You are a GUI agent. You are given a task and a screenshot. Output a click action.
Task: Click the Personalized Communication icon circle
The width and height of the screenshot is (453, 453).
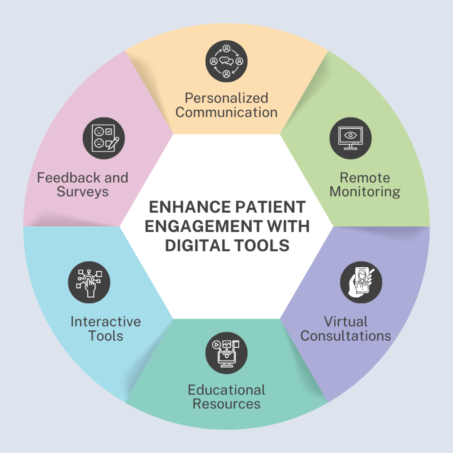point(226,61)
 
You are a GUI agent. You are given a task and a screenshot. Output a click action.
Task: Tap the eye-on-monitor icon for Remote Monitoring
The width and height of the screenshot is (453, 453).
point(350,138)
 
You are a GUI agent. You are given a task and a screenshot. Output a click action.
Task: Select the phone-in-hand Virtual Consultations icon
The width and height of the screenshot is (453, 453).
point(361,282)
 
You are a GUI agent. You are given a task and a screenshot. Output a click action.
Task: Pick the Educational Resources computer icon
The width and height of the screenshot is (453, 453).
point(226,353)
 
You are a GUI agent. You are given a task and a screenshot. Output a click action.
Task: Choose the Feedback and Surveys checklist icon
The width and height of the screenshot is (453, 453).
point(104,138)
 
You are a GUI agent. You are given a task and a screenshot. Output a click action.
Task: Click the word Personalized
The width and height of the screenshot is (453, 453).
point(226,98)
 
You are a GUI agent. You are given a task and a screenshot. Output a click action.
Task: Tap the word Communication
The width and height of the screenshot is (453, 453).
point(226,112)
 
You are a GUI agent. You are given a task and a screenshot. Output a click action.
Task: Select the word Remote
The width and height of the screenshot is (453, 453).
point(365,178)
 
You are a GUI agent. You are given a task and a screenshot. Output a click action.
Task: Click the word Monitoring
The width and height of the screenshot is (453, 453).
point(365,192)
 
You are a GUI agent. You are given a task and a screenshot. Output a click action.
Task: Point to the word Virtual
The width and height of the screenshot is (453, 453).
point(346,321)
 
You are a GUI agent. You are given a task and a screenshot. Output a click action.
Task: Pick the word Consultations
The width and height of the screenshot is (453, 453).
point(346,335)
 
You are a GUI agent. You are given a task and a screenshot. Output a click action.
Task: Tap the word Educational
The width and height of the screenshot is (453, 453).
point(226,390)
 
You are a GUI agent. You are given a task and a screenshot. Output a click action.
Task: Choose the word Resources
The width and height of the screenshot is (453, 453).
point(226,404)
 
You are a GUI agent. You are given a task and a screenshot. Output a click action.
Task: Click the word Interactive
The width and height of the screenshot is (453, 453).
point(106,321)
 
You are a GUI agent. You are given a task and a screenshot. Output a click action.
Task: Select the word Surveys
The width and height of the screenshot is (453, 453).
point(83,192)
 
